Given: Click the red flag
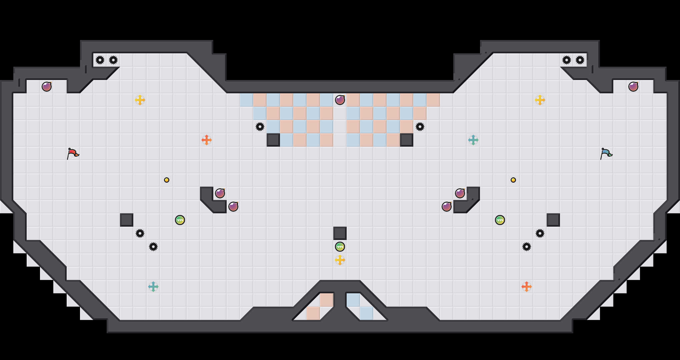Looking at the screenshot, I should pyautogui.click(x=73, y=153).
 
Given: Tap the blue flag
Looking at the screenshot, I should pyautogui.click(x=606, y=153).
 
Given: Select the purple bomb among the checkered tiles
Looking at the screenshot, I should pyautogui.click(x=340, y=100).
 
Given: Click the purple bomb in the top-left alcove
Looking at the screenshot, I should pyautogui.click(x=47, y=87).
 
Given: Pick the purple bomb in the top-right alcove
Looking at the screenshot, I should pyautogui.click(x=633, y=87).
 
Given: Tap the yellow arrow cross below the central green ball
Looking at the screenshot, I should pyautogui.click(x=340, y=260).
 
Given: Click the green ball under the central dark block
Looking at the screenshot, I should pyautogui.click(x=340, y=247).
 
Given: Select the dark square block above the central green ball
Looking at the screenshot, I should pyautogui.click(x=340, y=233).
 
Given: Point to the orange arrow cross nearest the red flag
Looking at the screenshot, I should pyautogui.click(x=207, y=140).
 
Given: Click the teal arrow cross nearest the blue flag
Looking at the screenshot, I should pyautogui.click(x=473, y=140).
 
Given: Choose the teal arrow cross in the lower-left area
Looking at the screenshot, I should pyautogui.click(x=153, y=287).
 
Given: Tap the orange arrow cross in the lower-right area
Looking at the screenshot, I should pyautogui.click(x=527, y=287).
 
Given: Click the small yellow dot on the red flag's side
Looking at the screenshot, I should pyautogui.click(x=167, y=180).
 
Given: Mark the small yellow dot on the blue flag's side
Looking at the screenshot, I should pyautogui.click(x=513, y=180).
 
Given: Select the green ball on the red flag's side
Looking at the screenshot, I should pyautogui.click(x=180, y=220).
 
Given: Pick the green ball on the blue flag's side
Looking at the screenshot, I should pyautogui.click(x=500, y=220).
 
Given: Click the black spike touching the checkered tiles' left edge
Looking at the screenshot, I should pyautogui.click(x=260, y=127).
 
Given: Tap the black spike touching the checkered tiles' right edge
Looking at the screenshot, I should pyautogui.click(x=420, y=127).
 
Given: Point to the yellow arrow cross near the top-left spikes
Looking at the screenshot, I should pyautogui.click(x=140, y=100).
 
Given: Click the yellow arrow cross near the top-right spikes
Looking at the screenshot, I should pyautogui.click(x=540, y=100).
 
